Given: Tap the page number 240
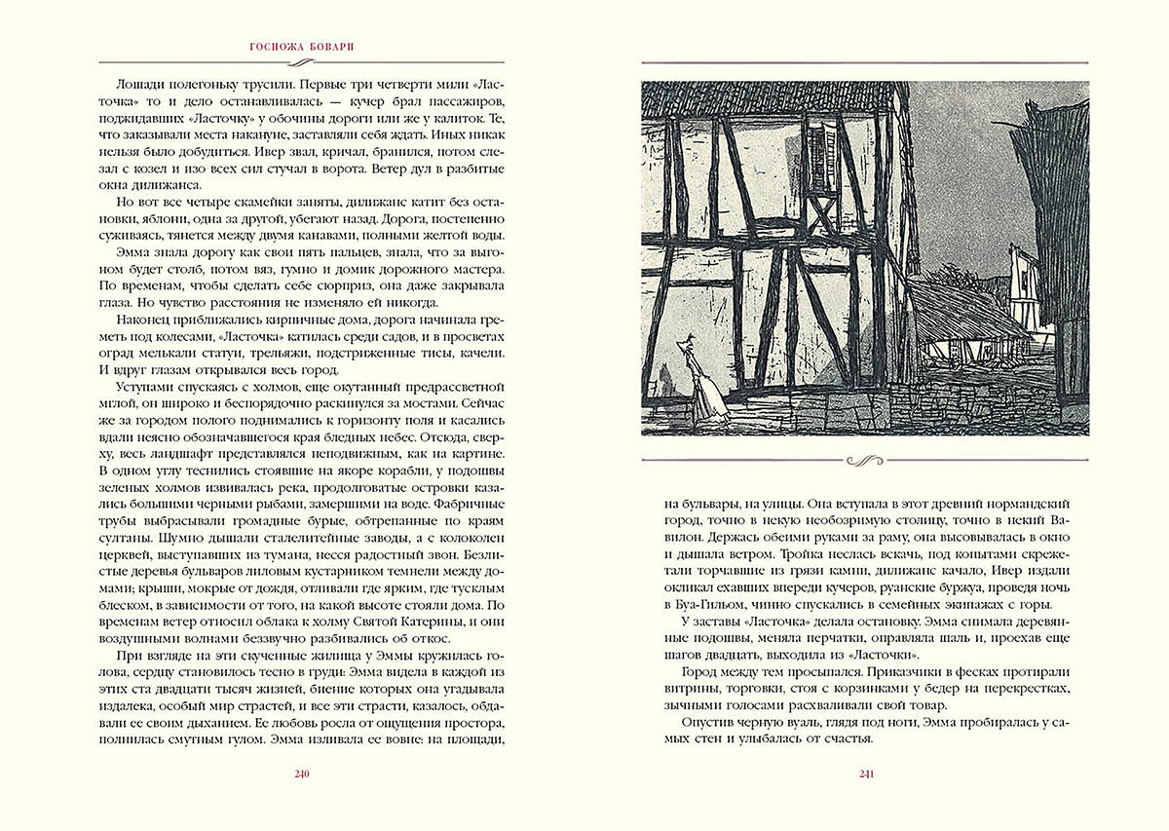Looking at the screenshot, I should tap(300, 774).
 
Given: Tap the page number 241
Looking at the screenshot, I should tap(865, 774).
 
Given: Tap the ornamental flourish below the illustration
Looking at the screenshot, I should tap(865, 459).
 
